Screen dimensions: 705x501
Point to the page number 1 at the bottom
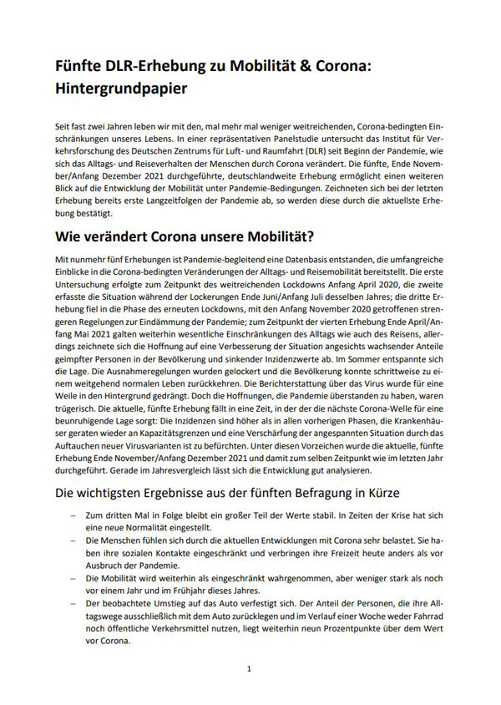(x=250, y=669)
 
